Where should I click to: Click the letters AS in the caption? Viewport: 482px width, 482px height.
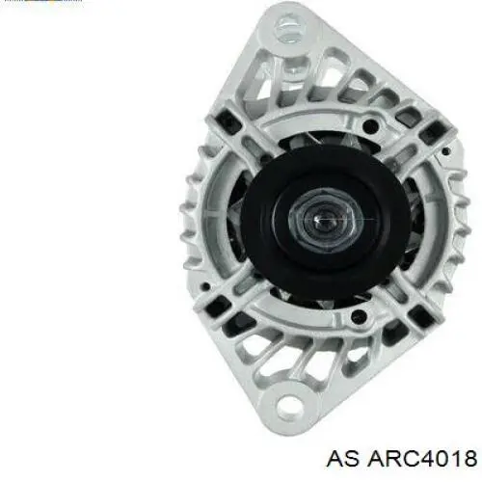click(342, 458)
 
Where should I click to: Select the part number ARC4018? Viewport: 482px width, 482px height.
click(422, 458)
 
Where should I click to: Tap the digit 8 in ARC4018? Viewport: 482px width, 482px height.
click(469, 458)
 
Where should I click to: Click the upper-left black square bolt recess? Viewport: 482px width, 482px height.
click(228, 121)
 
